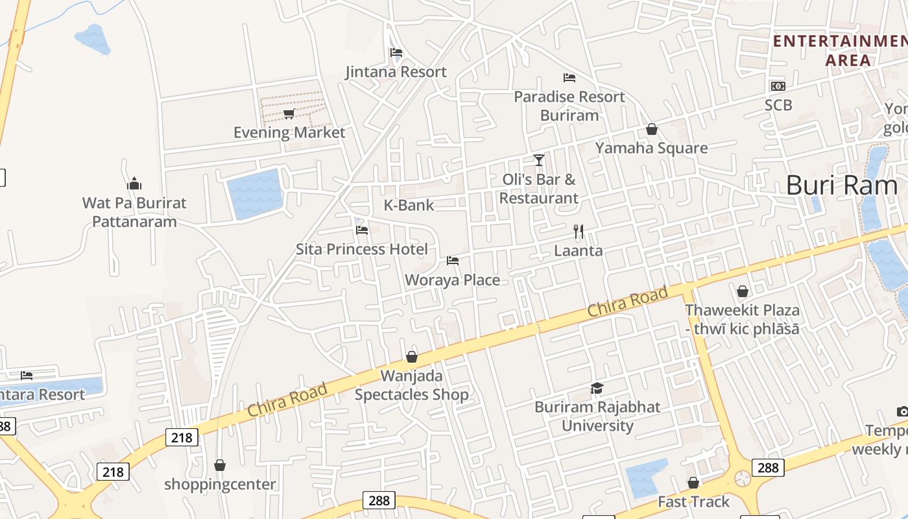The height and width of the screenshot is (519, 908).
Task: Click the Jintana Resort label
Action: [396, 72]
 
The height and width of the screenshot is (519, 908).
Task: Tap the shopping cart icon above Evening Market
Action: [289, 114]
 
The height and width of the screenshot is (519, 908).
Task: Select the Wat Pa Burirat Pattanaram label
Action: [134, 212]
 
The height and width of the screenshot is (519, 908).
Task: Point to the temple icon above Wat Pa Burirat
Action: [134, 184]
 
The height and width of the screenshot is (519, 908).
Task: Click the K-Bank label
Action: [409, 206]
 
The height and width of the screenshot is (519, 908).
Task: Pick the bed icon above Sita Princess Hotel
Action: [362, 230]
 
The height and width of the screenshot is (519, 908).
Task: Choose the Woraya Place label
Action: [452, 280]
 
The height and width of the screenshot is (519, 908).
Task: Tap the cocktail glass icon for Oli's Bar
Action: [538, 160]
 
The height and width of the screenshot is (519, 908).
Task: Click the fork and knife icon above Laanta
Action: [579, 231]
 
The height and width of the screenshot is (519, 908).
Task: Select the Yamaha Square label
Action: [651, 148]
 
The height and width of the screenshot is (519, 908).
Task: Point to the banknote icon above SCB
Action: [778, 86]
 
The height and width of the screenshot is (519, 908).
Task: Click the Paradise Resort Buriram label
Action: [569, 106]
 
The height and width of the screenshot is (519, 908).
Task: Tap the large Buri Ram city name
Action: [841, 186]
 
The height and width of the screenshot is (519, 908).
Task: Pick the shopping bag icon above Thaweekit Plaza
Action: [742, 291]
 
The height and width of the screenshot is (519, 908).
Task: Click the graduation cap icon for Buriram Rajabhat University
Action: [597, 388]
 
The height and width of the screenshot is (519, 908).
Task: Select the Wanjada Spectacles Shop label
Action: [411, 385]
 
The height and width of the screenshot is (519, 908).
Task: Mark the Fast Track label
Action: [693, 502]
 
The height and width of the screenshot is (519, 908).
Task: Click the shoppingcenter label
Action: [220, 485]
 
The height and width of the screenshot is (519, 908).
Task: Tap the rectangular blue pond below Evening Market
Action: [255, 193]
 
